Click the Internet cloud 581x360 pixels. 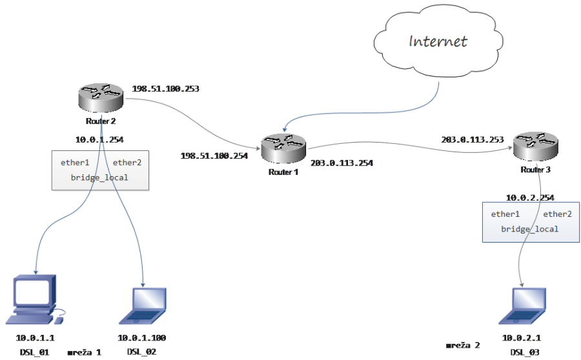point(438,41)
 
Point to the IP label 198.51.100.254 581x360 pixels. point(214,155)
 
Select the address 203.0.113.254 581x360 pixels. point(341,163)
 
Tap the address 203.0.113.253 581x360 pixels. point(472,139)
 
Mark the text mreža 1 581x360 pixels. point(85,352)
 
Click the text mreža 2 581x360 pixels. point(463,346)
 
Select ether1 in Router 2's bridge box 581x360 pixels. point(75,163)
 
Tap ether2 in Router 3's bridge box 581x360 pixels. point(557,214)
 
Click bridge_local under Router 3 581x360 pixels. point(530,229)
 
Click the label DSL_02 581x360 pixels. point(141,352)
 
